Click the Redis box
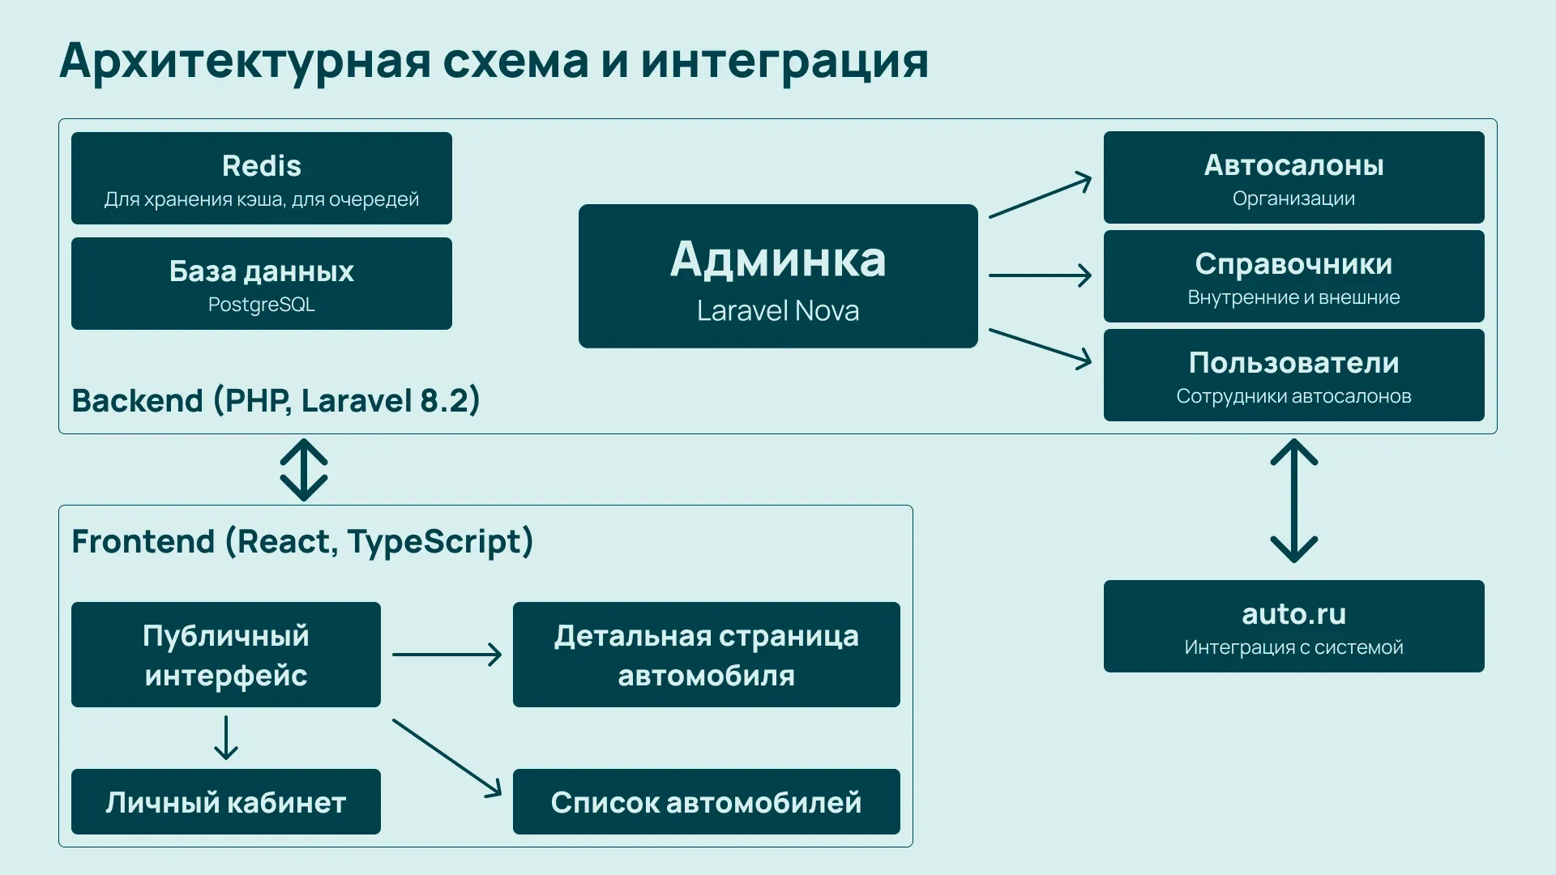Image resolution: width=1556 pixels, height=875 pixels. (x=261, y=178)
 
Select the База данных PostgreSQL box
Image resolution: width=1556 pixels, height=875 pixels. (x=261, y=284)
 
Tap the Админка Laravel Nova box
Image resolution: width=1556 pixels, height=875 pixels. (x=778, y=276)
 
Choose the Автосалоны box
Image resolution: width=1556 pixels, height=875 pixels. (x=1293, y=177)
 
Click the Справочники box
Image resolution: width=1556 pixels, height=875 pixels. (x=1293, y=276)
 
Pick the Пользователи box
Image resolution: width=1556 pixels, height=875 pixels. (x=1293, y=375)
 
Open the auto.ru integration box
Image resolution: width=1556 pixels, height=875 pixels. (x=1293, y=626)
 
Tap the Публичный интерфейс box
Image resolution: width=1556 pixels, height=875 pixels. (x=225, y=655)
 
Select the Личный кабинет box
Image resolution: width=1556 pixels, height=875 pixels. (x=225, y=802)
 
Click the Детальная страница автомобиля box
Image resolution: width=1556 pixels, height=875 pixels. (x=706, y=655)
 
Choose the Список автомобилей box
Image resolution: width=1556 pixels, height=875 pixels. (x=706, y=802)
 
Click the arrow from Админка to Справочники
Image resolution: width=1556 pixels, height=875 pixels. (x=1040, y=275)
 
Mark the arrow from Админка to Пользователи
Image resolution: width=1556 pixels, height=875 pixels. (x=1040, y=348)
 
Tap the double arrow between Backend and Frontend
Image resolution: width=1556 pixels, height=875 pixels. (x=304, y=470)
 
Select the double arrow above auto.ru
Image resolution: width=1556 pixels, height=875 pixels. (x=1293, y=501)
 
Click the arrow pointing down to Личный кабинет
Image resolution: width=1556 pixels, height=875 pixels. (x=226, y=737)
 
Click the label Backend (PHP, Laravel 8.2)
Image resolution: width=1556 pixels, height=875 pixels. (x=276, y=401)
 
